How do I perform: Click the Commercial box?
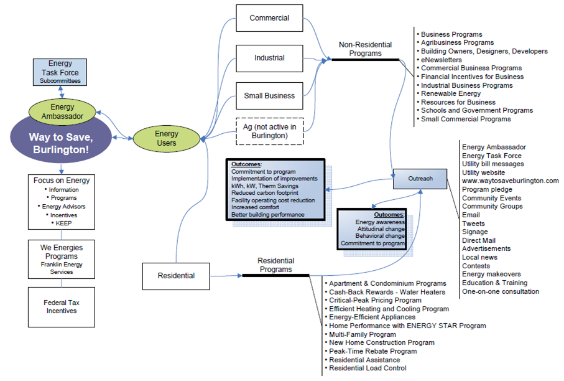[x=270, y=18]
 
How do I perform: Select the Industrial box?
[x=269, y=58]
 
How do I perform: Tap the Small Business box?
[x=269, y=96]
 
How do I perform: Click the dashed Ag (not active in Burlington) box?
[x=269, y=131]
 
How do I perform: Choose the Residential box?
[x=177, y=275]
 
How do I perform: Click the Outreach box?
[x=420, y=179]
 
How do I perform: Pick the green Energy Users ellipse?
[x=166, y=138]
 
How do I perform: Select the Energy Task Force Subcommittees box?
[x=60, y=72]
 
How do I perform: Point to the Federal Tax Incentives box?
[x=60, y=306]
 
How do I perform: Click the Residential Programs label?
[x=275, y=265]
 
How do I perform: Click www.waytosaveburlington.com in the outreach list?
[x=511, y=181]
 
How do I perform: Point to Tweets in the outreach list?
[x=473, y=223]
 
